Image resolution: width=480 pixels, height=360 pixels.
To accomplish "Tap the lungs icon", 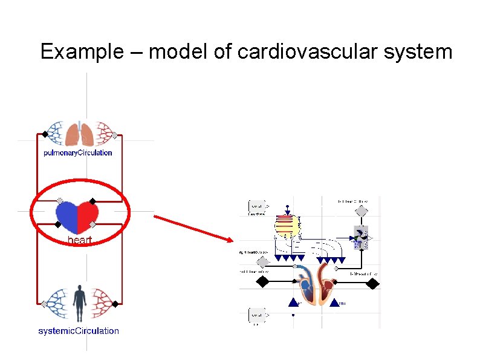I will coord(79,134).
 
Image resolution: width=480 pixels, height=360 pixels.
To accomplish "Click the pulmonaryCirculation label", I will coord(78,152).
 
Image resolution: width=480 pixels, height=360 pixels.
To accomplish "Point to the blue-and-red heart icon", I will coord(77,217).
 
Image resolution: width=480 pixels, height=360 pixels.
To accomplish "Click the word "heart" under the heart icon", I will coord(80,240).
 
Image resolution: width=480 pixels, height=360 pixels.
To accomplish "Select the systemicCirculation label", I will coord(79,331).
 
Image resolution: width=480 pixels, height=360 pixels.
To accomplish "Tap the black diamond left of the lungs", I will coord(44,134).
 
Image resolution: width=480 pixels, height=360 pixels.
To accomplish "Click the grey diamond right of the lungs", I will coord(114,136).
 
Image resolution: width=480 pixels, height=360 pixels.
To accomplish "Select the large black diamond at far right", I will coord(373,283).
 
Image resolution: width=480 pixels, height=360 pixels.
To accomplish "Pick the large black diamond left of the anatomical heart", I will coord(262,282).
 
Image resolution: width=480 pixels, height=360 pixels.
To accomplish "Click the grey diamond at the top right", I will coord(361,211).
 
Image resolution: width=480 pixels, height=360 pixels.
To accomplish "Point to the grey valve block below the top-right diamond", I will coord(361,237).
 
